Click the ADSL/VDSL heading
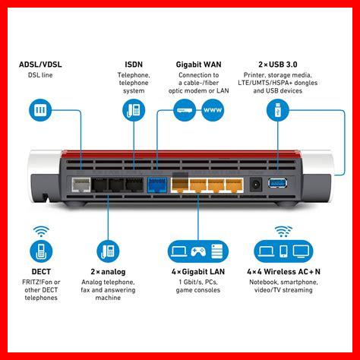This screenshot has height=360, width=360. (x=40, y=65)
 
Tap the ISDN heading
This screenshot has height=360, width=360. (x=134, y=65)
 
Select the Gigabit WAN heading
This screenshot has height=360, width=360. (x=198, y=65)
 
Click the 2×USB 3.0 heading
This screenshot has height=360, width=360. (x=278, y=65)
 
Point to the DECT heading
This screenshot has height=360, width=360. (x=41, y=272)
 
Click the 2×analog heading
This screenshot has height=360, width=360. (x=108, y=272)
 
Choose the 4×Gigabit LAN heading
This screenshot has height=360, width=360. (x=198, y=272)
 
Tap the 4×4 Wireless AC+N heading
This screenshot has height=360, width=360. (x=283, y=272)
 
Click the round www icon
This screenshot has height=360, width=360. (x=213, y=110)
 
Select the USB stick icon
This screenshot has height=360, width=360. (x=278, y=110)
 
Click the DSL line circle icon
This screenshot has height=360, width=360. (x=40, y=110)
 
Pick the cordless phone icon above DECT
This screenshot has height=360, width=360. (x=41, y=251)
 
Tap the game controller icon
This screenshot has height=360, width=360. (x=198, y=251)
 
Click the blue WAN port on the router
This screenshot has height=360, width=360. (x=157, y=185)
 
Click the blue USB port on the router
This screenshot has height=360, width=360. (x=278, y=183)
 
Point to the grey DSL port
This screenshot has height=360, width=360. (x=81, y=185)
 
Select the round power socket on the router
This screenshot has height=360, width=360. (x=256, y=185)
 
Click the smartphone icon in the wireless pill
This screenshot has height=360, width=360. (x=283, y=251)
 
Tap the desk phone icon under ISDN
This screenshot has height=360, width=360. (x=134, y=110)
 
